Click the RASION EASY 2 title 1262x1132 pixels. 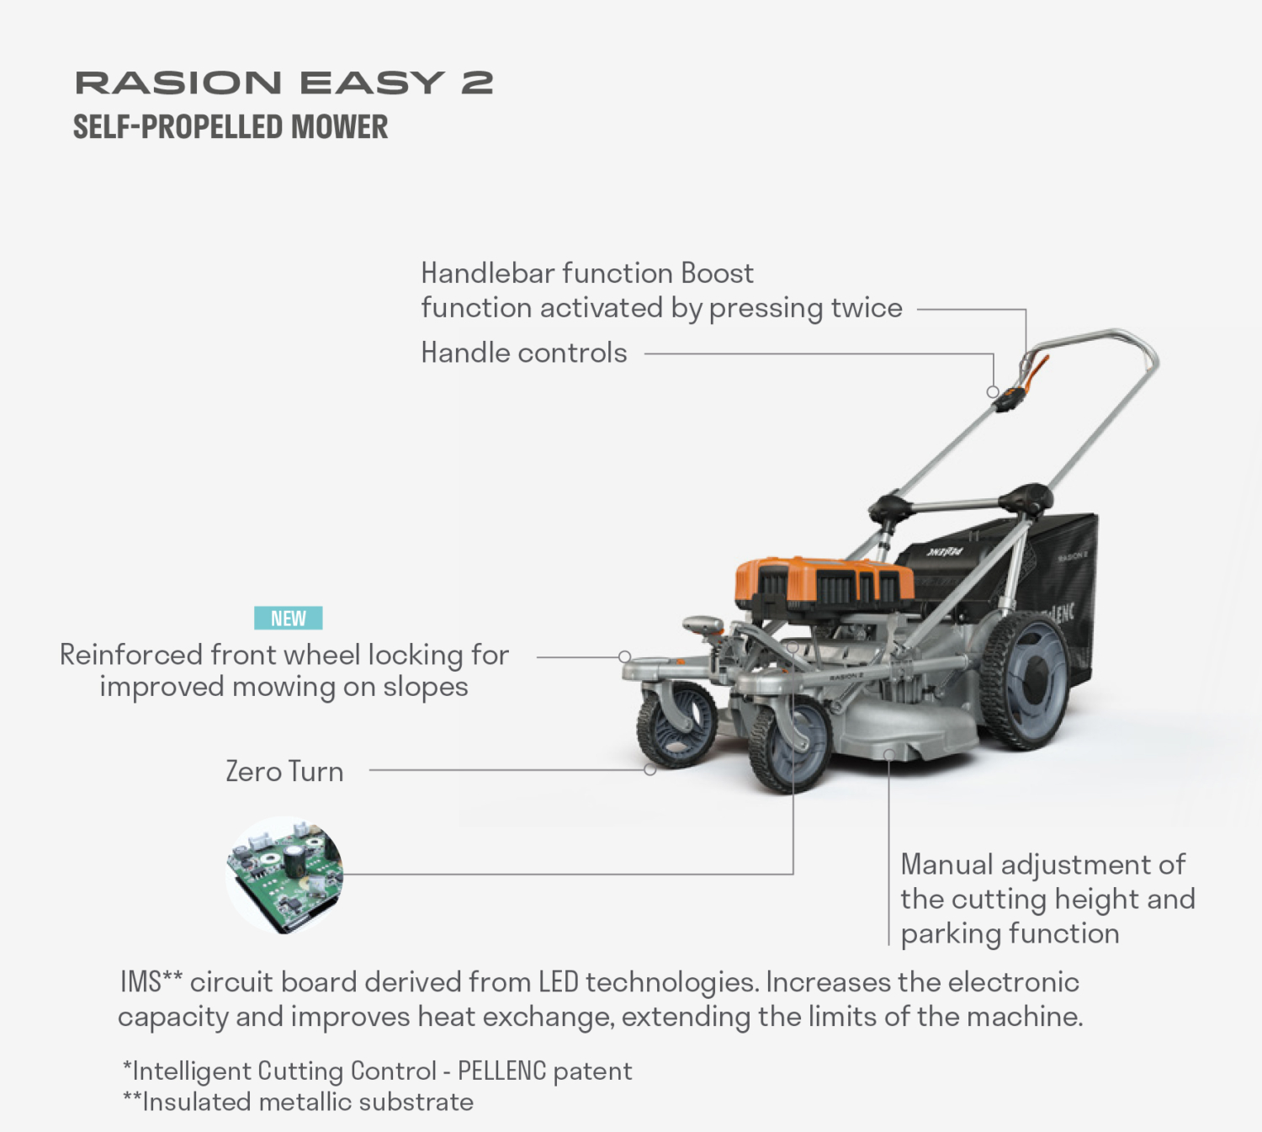284,82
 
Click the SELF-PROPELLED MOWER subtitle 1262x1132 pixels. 231,127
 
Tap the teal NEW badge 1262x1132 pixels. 288,619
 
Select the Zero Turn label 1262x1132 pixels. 284,772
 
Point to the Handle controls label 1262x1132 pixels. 523,353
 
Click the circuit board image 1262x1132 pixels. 284,874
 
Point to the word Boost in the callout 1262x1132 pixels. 717,274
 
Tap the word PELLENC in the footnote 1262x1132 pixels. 501,1071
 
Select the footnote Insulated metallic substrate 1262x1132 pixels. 299,1102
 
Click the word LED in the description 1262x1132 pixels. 558,982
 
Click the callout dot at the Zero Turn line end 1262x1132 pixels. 650,769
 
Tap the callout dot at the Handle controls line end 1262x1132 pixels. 993,391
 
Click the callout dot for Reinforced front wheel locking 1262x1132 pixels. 624,656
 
